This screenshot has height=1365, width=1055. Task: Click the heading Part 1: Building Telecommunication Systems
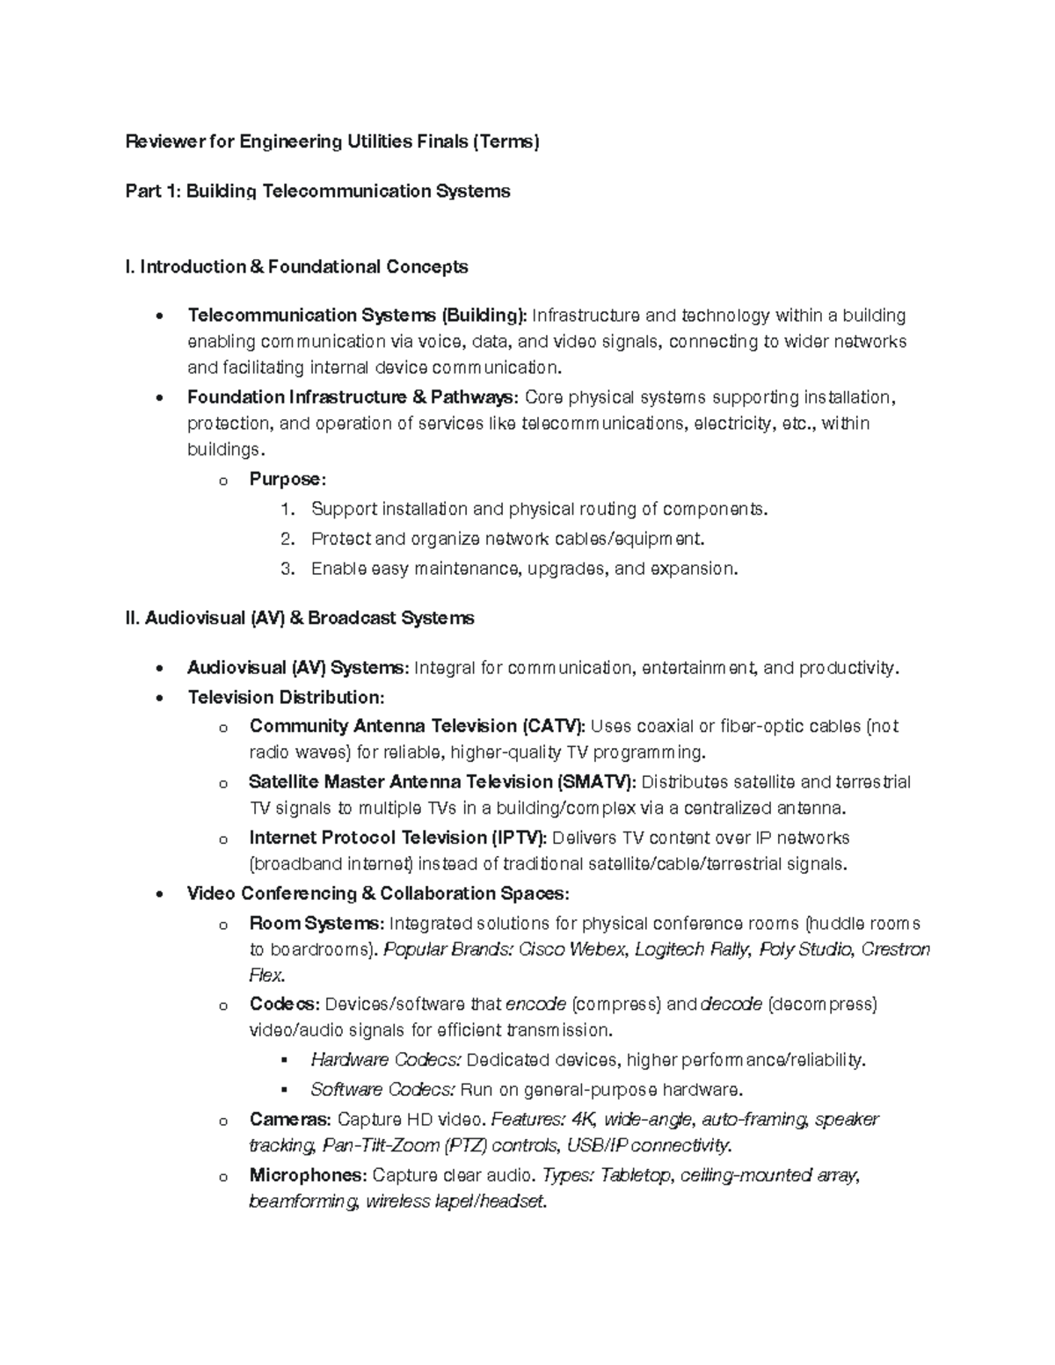tap(317, 192)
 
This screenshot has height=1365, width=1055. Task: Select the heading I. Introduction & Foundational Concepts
tap(296, 267)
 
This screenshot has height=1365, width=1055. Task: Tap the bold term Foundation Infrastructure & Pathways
tap(353, 397)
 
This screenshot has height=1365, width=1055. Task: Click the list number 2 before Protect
tap(286, 539)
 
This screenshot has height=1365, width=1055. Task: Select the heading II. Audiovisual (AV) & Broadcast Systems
tap(300, 619)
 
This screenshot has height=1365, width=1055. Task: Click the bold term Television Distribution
tap(286, 698)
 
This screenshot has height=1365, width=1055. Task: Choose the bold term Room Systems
tap(316, 924)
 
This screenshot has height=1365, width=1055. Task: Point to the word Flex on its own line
tap(266, 975)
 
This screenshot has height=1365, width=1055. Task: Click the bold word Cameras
tap(289, 1120)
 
